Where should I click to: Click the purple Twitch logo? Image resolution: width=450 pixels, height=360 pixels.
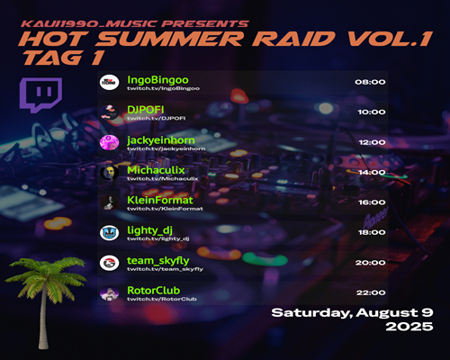(x=40, y=94)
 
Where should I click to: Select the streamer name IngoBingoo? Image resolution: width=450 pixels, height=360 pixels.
(x=157, y=80)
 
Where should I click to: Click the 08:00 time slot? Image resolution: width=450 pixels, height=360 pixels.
(x=370, y=82)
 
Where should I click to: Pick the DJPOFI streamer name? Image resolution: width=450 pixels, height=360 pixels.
(x=146, y=110)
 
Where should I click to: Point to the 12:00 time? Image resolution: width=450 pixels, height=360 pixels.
(x=372, y=142)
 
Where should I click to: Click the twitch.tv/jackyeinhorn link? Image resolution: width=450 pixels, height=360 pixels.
(x=166, y=148)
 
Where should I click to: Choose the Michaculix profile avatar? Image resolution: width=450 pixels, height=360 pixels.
(x=109, y=173)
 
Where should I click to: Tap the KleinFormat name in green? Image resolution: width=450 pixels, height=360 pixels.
(x=160, y=200)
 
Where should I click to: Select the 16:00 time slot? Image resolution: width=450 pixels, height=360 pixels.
(x=372, y=202)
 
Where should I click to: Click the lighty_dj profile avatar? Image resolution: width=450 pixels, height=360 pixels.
(x=109, y=233)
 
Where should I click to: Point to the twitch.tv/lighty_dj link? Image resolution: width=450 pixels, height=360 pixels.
(x=158, y=238)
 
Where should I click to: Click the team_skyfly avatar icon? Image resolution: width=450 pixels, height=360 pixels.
(x=109, y=263)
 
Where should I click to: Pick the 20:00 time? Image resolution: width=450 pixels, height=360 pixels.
(x=371, y=263)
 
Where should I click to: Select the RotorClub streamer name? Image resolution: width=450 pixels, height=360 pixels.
(x=153, y=291)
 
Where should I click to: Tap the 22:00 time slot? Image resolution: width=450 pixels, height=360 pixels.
(x=371, y=292)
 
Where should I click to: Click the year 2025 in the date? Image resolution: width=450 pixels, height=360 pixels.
(x=409, y=327)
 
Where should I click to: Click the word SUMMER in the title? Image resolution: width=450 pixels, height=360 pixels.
(x=170, y=39)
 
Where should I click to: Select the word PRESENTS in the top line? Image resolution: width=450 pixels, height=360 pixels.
(x=206, y=23)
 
